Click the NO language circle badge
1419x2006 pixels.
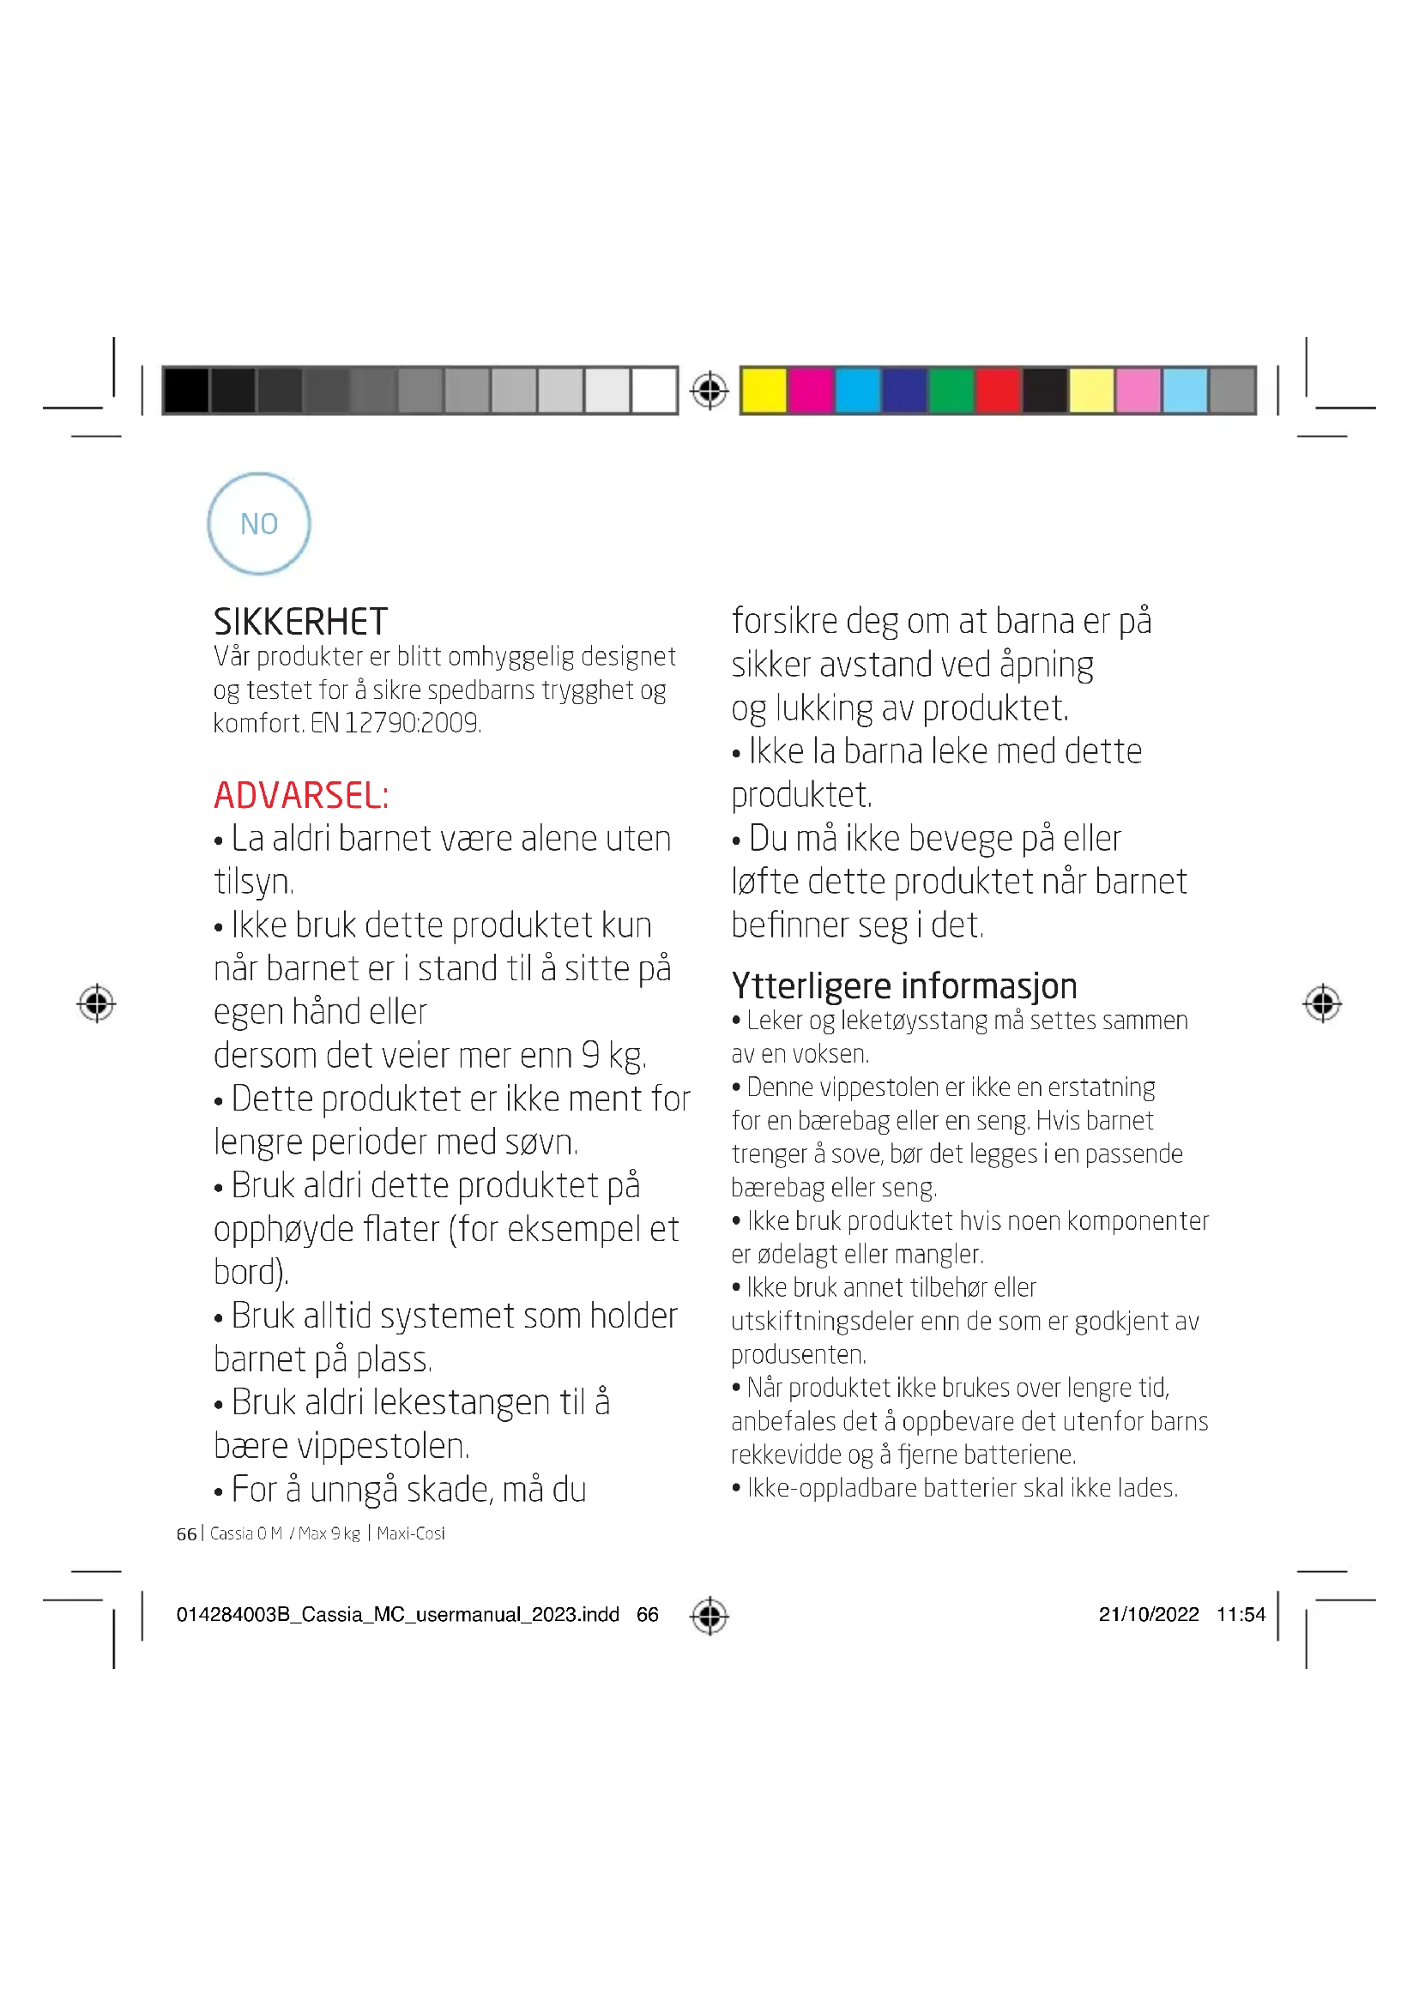[258, 523]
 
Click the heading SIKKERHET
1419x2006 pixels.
[300, 622]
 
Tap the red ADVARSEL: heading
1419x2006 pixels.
[301, 795]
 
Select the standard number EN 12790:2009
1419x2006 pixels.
[396, 724]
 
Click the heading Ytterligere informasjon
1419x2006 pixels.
[903, 985]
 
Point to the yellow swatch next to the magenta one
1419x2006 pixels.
[764, 389]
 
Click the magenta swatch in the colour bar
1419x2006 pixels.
[811, 389]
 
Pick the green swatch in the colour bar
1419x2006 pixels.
[951, 389]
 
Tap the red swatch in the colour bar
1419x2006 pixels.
[998, 389]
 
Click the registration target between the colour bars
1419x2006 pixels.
[709, 389]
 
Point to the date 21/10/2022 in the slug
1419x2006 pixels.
[1148, 1614]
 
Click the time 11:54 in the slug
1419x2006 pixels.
[1241, 1614]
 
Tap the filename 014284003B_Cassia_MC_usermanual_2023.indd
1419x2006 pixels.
[397, 1614]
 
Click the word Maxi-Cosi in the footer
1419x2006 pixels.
[411, 1533]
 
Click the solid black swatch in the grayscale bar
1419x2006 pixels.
[185, 389]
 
